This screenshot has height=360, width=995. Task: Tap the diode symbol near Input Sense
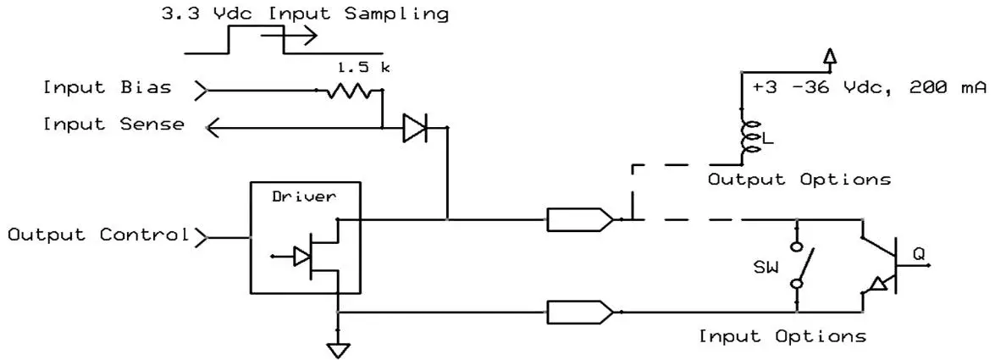coord(415,128)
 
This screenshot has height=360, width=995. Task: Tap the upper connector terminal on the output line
coord(580,220)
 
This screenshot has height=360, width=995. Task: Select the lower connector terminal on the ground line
coord(580,312)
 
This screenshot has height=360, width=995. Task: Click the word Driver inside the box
coord(303,197)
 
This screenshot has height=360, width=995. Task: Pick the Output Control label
coord(97,235)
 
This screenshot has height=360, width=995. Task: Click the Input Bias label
coord(107,87)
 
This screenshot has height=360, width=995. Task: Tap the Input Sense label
coord(113,125)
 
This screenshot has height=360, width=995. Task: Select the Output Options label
coord(799,180)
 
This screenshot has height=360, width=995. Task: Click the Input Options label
coord(782,336)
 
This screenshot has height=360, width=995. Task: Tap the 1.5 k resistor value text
coord(363,66)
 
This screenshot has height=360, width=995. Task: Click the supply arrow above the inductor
coord(830,57)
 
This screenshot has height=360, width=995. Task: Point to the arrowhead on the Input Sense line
coord(212,127)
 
